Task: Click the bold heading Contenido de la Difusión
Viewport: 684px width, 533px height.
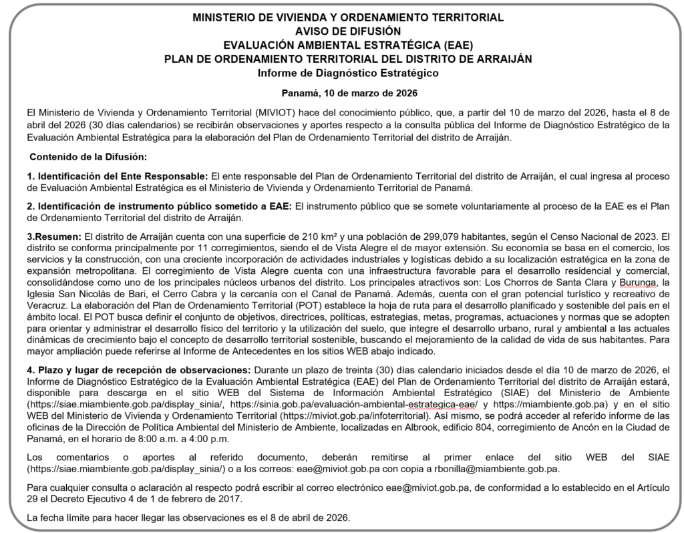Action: coord(88,156)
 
